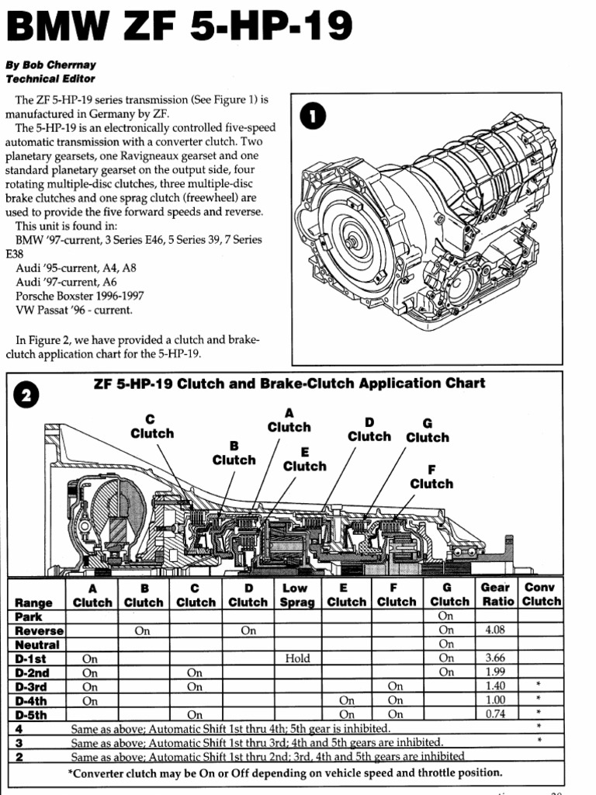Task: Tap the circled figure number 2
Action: [26, 395]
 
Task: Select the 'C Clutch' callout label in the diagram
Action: [152, 426]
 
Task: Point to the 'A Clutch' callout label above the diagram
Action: [289, 420]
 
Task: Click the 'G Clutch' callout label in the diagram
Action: [427, 430]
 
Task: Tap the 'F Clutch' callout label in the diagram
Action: [431, 476]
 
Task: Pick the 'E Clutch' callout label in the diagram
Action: [304, 459]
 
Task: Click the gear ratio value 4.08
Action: [495, 630]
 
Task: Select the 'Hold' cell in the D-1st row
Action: [297, 658]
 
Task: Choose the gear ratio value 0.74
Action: [495, 714]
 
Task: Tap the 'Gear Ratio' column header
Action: [495, 595]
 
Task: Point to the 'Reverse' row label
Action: [39, 630]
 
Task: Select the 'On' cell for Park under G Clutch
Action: [446, 616]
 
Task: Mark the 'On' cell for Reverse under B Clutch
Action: [142, 630]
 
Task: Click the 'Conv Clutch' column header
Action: [542, 595]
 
